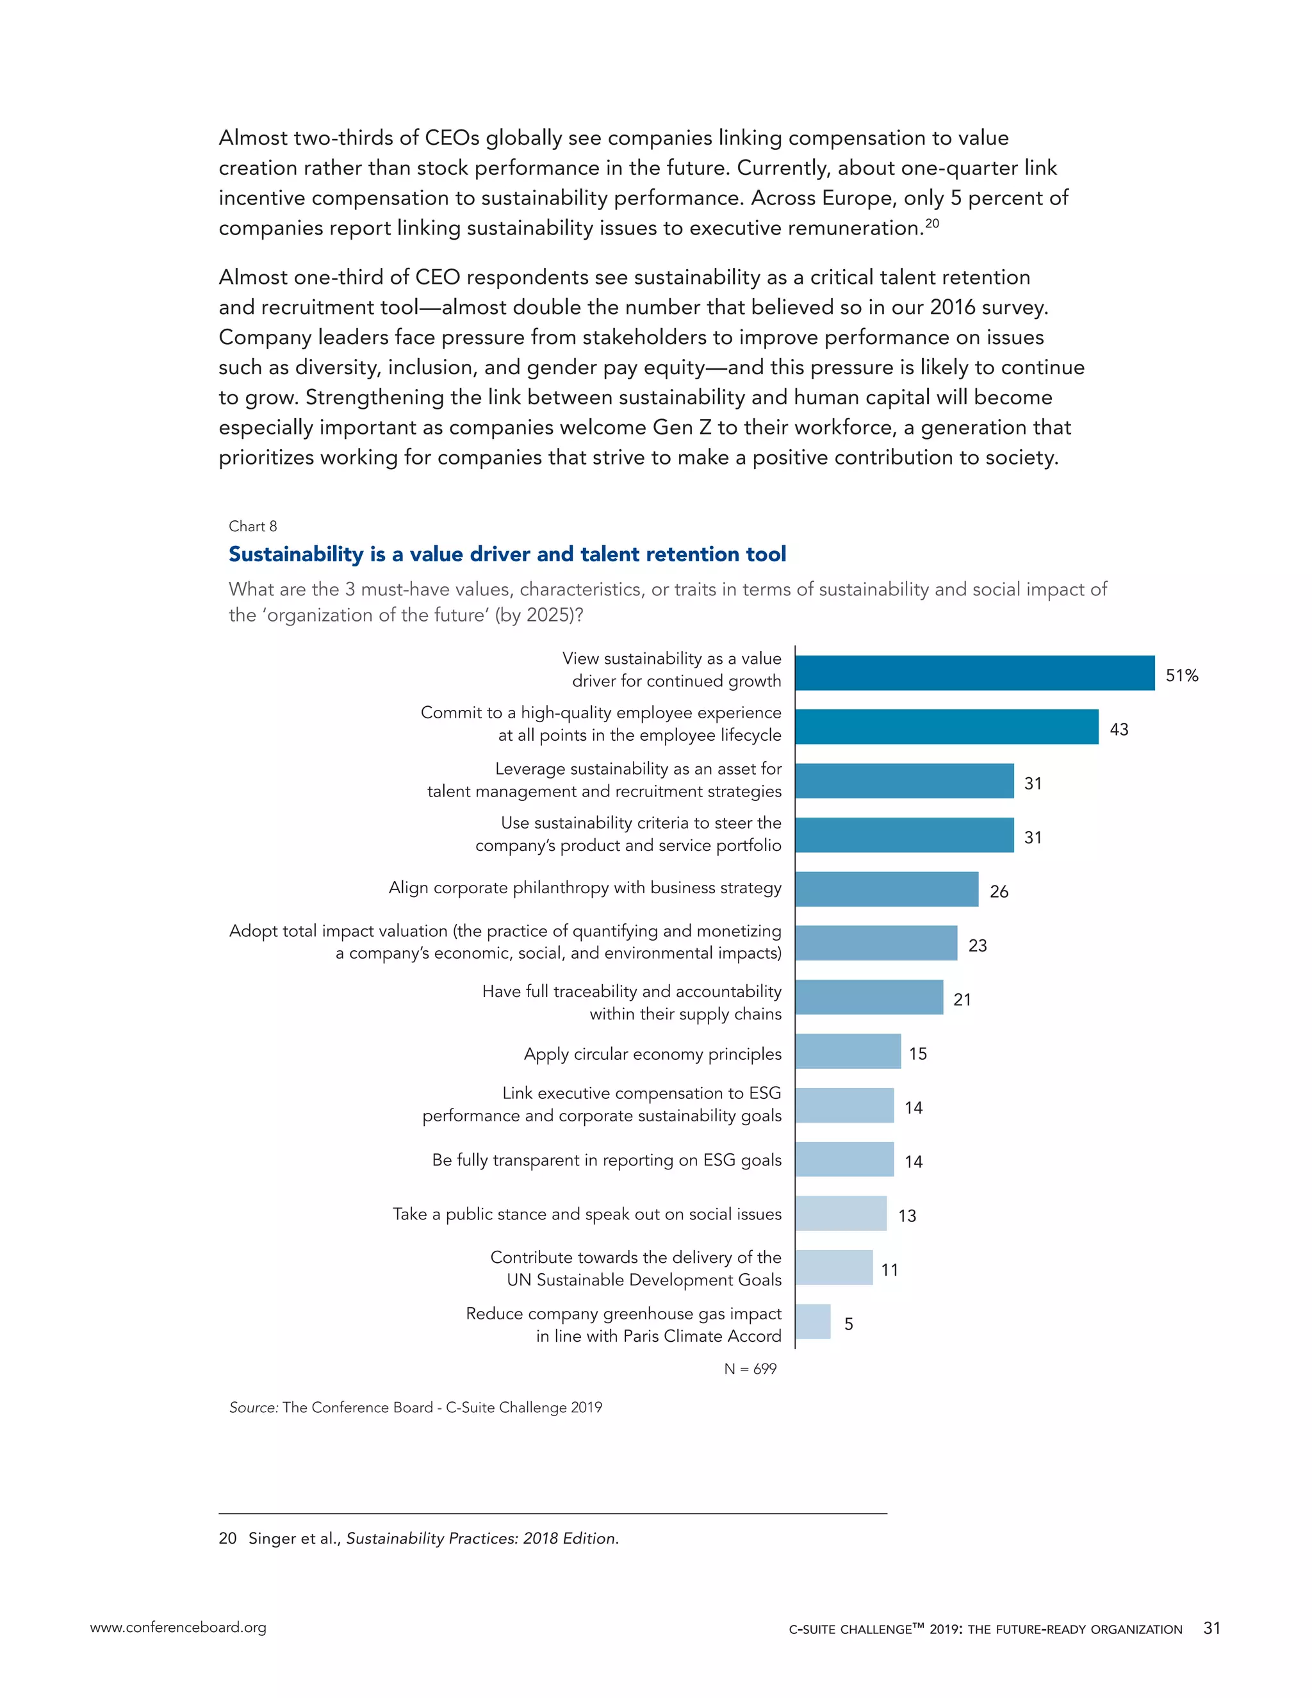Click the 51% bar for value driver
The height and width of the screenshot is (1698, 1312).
pyautogui.click(x=974, y=673)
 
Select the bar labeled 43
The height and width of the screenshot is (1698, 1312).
pyautogui.click(x=947, y=727)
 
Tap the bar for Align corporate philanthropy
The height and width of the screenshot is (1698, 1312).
pyautogui.click(x=887, y=889)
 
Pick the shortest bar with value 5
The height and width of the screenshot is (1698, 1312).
pyautogui.click(x=813, y=1322)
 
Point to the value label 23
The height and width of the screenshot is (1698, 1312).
pyautogui.click(x=977, y=945)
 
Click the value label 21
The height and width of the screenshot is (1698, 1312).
pyautogui.click(x=962, y=1000)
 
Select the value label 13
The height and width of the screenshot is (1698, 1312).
pyautogui.click(x=907, y=1216)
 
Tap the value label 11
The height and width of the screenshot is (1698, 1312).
pyautogui.click(x=889, y=1269)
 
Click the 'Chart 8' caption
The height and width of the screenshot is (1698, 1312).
pyautogui.click(x=252, y=526)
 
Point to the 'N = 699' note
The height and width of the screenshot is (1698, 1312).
pyautogui.click(x=750, y=1369)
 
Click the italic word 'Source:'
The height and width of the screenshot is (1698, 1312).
pyautogui.click(x=254, y=1407)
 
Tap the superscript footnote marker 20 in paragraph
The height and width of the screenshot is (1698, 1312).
pyautogui.click(x=932, y=223)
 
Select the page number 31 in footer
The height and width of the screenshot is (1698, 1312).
pyautogui.click(x=1211, y=1628)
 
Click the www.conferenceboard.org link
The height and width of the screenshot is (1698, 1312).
pyautogui.click(x=178, y=1628)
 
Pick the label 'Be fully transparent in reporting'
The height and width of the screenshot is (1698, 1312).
pyautogui.click(x=606, y=1160)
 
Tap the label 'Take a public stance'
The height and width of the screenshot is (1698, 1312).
pyautogui.click(x=587, y=1214)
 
